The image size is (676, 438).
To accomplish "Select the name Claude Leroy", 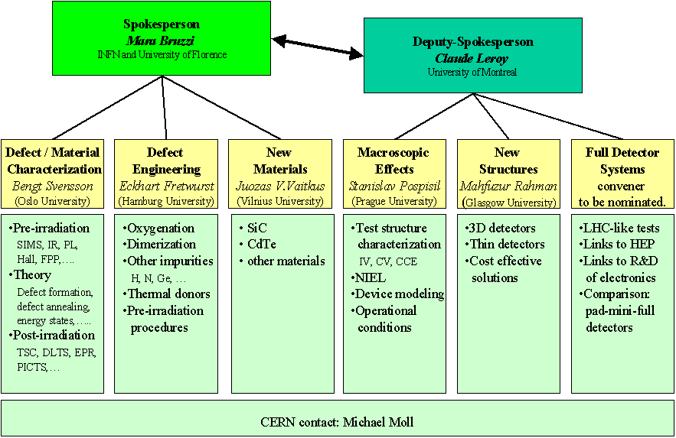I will click(x=472, y=57).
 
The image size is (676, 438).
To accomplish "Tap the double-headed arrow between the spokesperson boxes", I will click(x=318, y=44).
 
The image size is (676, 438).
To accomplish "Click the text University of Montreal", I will click(x=472, y=72).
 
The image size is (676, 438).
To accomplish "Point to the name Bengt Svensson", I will click(x=53, y=186).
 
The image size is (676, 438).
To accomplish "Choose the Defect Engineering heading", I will click(x=165, y=161).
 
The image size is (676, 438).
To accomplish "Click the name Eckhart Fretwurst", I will click(x=165, y=186).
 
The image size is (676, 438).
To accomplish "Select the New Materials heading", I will click(x=280, y=161).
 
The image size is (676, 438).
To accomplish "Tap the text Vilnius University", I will click(x=280, y=202).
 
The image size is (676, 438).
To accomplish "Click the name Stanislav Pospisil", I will click(x=393, y=186).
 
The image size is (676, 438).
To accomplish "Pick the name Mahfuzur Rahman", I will click(x=508, y=186).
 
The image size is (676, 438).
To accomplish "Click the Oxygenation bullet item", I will click(x=159, y=228).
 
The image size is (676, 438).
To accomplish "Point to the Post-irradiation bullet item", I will click(x=53, y=335).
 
